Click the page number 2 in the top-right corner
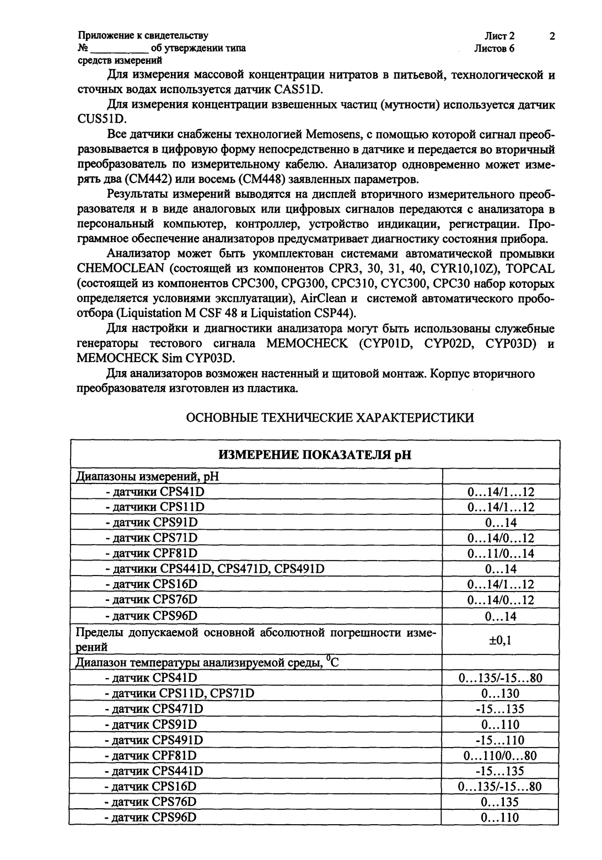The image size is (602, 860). click(x=552, y=37)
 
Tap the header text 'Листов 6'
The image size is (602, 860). click(x=494, y=49)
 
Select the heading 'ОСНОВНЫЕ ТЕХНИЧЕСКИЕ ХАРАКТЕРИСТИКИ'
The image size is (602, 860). click(x=330, y=417)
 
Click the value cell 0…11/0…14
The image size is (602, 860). click(x=501, y=553)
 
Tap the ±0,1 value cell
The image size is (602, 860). click(x=501, y=640)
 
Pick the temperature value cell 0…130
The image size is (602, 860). click(x=501, y=694)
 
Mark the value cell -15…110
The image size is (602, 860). click(x=501, y=740)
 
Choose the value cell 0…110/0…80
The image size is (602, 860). click(x=501, y=755)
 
